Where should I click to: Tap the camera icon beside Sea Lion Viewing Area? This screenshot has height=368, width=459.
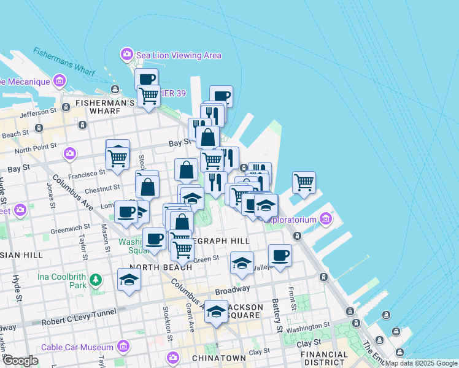(x=127, y=55)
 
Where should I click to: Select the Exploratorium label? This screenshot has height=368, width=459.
(x=291, y=220)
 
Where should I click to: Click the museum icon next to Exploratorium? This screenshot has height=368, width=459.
(x=325, y=219)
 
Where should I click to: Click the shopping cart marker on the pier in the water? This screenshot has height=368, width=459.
(x=304, y=182)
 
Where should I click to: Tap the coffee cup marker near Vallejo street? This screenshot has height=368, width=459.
(x=280, y=255)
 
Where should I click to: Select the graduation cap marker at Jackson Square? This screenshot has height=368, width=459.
(x=216, y=312)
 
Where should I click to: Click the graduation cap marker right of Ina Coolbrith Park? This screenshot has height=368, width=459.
(x=129, y=280)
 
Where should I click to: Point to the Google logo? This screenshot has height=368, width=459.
(x=20, y=361)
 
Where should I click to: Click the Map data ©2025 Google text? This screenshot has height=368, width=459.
(x=422, y=363)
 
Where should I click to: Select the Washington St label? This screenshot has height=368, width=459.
(x=307, y=328)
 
